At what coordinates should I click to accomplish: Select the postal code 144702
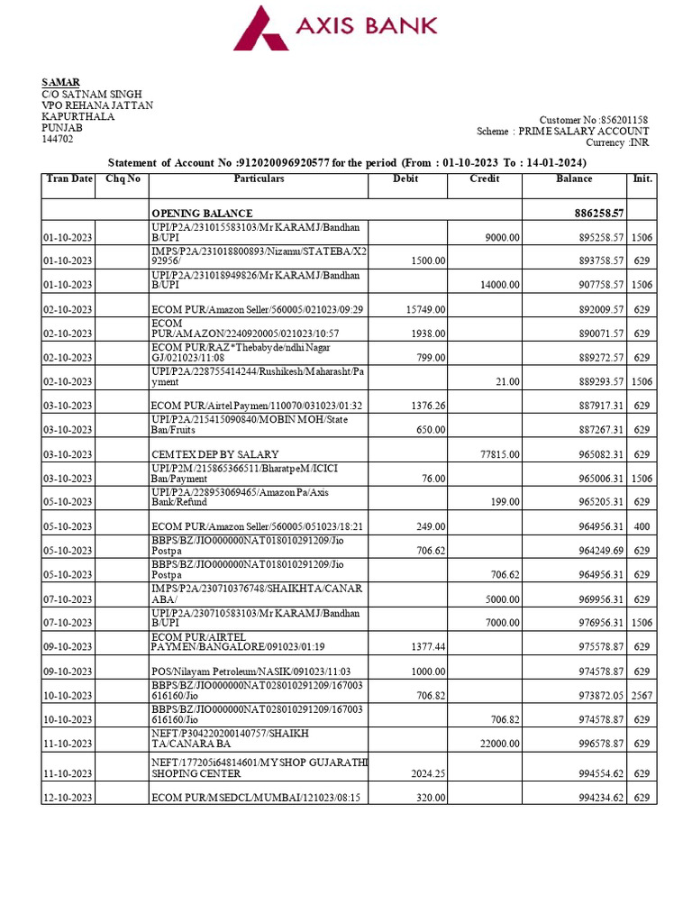(58, 140)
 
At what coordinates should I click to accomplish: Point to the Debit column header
(406, 179)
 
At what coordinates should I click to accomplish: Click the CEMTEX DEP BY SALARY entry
(214, 454)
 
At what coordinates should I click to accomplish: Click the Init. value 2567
(641, 696)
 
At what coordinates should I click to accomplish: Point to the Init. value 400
(642, 526)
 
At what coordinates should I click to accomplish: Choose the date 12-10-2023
(68, 798)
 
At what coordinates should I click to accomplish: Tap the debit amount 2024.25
(426, 773)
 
